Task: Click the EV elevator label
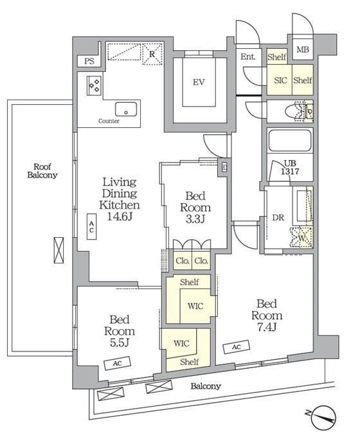point(199,82)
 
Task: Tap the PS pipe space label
point(89,61)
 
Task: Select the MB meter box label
point(303,49)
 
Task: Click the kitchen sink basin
point(126,109)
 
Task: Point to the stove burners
point(94,85)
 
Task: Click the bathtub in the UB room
point(289,141)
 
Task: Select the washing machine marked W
point(301,237)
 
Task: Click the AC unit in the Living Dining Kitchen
point(91,226)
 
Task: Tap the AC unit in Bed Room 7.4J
point(237,347)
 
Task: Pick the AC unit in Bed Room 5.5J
point(118,363)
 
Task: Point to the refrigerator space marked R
point(152,54)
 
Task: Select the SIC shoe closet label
point(280,80)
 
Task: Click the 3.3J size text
point(195,219)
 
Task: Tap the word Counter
point(109,121)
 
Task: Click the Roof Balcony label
point(42,171)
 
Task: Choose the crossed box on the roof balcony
point(59,250)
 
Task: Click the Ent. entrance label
point(248,57)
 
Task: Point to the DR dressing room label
point(278,218)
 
